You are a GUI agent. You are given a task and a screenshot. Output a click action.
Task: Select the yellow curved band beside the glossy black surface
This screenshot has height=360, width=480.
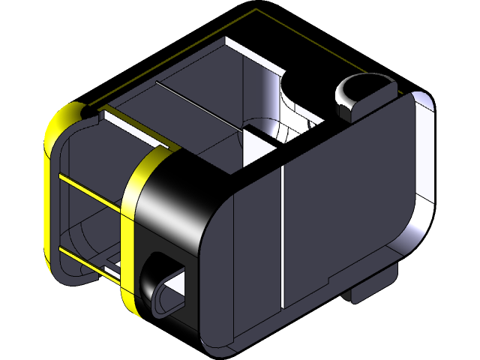coord(132,225)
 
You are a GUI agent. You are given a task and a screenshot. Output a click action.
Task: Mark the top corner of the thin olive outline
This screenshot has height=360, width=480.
coord(256,10)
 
